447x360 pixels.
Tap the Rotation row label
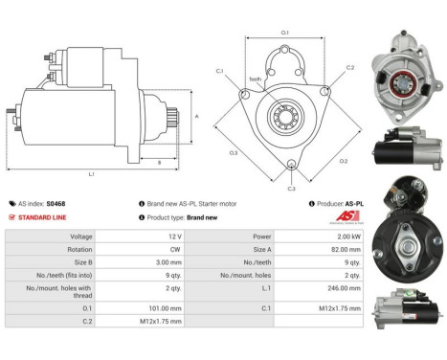click(x=54, y=251)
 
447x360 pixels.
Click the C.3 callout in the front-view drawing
click(x=291, y=188)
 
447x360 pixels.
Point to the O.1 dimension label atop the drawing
click(x=285, y=34)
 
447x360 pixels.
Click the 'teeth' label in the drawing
click(x=255, y=79)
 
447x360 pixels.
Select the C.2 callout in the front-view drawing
click(x=350, y=68)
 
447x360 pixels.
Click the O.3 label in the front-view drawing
click(x=233, y=152)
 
